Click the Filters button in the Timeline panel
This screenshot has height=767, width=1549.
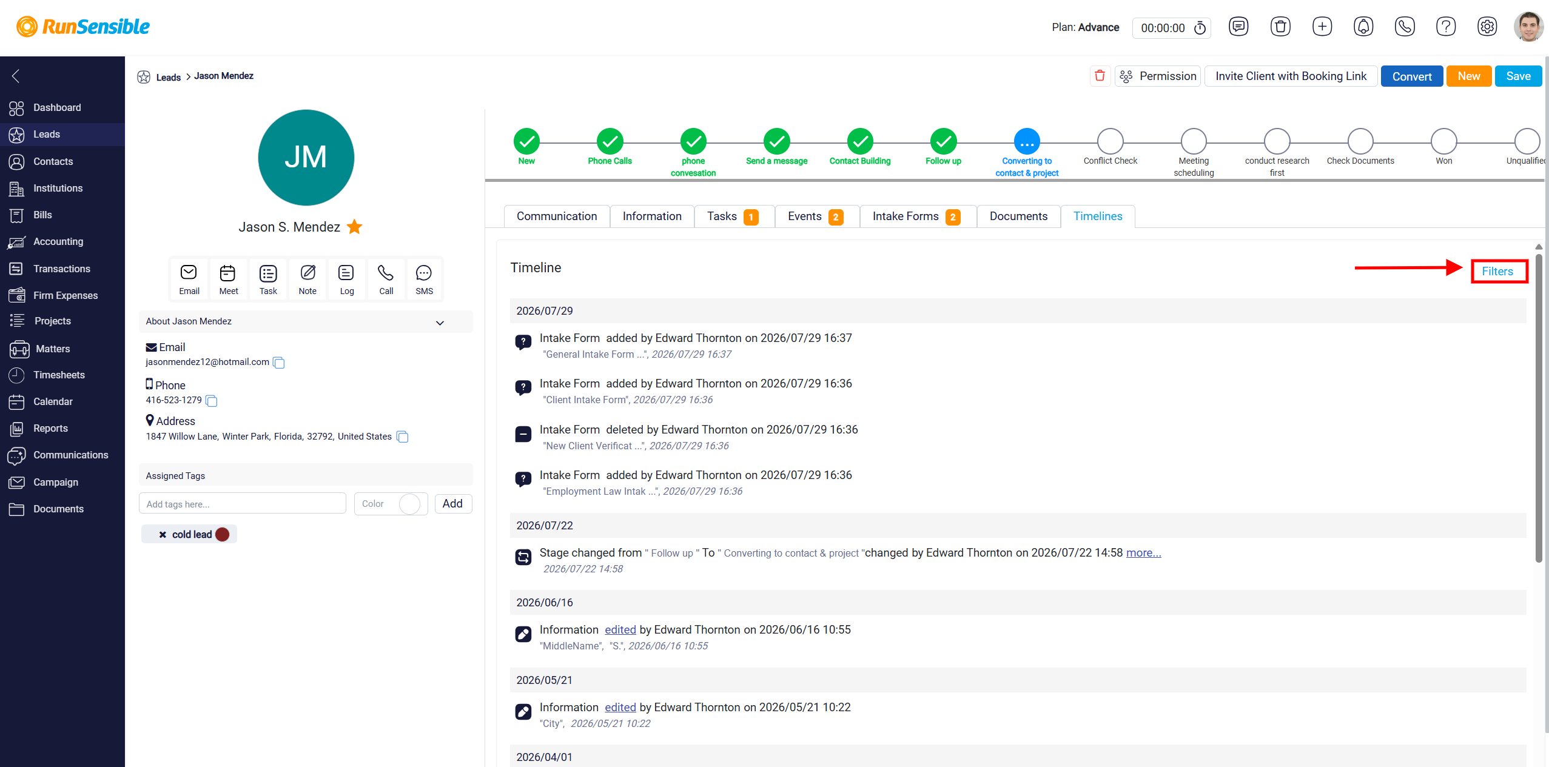pos(1497,271)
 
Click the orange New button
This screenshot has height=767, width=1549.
pos(1468,76)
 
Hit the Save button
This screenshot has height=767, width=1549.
pos(1518,76)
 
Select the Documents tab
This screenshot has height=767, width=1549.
pos(1018,216)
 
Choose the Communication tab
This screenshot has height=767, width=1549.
pos(557,216)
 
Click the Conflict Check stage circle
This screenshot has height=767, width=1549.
pos(1110,141)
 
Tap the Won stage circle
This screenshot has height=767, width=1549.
pos(1443,141)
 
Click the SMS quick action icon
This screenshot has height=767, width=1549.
pos(424,273)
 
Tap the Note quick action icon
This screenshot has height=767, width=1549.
pos(307,273)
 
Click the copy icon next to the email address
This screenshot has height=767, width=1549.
pos(278,363)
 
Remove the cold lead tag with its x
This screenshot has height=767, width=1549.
pos(163,534)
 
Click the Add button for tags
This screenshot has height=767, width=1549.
pos(452,504)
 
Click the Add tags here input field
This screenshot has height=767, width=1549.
pos(242,504)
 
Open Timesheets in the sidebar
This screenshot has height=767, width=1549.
pos(59,375)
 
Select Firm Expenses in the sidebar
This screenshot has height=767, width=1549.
pos(65,295)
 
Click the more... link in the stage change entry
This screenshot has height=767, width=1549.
pos(1143,553)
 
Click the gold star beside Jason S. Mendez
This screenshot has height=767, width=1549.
pos(354,227)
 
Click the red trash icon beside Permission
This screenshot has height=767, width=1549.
pos(1100,76)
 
